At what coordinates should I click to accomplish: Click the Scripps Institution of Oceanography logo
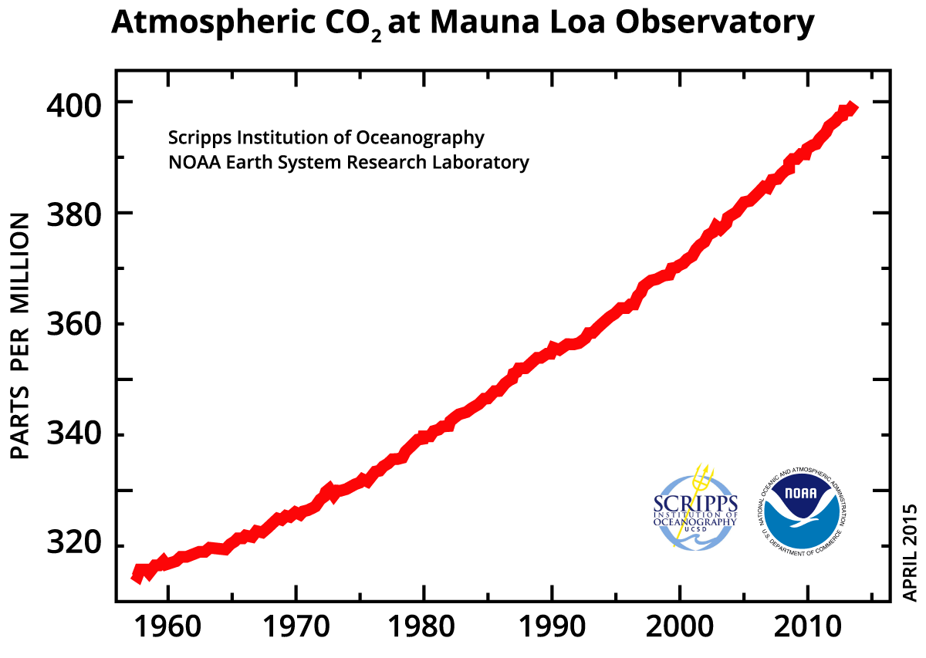click(695, 508)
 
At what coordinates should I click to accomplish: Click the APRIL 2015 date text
click(911, 553)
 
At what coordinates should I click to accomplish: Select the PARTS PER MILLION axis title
click(21, 337)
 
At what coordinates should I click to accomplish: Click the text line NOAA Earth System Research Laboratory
click(349, 163)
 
